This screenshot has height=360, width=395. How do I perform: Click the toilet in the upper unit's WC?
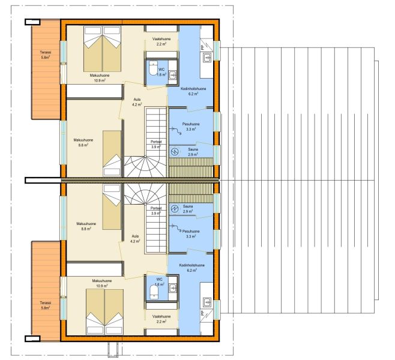(x=153, y=68)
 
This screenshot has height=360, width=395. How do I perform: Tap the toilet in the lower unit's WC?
(x=153, y=292)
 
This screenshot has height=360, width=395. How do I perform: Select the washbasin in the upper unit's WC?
(x=172, y=74)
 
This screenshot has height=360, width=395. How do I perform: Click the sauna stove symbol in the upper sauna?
(x=174, y=152)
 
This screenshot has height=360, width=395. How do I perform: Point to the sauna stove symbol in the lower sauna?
(x=174, y=209)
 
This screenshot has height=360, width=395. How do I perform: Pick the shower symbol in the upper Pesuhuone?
(x=176, y=131)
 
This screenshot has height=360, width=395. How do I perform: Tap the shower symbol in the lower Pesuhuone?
(x=176, y=228)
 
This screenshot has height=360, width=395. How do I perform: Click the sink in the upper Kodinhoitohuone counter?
(x=207, y=58)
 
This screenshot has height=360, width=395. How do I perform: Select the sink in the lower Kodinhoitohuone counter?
(x=208, y=302)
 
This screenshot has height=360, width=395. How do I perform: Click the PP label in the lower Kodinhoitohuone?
(x=202, y=313)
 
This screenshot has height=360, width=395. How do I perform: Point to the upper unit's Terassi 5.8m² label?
(x=46, y=55)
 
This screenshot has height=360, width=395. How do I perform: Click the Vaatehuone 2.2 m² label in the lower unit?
(x=161, y=319)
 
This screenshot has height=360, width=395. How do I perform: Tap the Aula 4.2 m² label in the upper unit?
(x=137, y=102)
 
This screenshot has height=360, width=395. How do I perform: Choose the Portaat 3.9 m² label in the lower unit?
(x=156, y=211)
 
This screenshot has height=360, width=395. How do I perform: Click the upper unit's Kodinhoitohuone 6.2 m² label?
(x=193, y=91)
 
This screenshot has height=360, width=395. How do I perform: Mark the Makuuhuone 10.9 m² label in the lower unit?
(x=102, y=283)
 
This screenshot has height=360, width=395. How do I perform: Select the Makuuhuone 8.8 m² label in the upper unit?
(x=83, y=142)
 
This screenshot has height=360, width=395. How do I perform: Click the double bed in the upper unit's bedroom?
(x=102, y=49)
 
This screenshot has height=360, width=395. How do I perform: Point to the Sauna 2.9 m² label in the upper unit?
(x=193, y=152)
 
